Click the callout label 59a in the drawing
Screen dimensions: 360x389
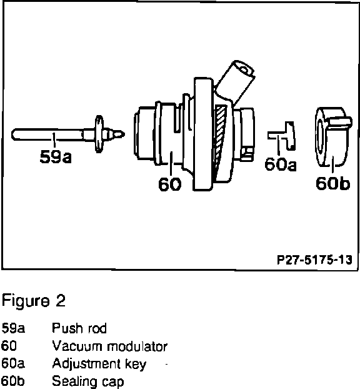56,157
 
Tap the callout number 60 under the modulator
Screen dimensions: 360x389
170,184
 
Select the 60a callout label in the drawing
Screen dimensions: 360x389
281,164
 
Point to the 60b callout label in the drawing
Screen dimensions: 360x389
332,184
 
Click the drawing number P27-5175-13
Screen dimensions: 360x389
314,260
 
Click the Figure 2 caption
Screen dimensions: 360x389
34,301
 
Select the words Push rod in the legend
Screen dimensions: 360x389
79,328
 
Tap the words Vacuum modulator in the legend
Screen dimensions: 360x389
110,346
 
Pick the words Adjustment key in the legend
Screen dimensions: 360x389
99,365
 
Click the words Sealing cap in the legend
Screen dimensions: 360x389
88,381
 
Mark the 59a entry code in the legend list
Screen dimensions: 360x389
13,328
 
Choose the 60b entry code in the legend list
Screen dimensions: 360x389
13,381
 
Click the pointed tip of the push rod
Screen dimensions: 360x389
124,134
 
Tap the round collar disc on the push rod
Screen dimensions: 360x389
99,134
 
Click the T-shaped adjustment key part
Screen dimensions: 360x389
282,136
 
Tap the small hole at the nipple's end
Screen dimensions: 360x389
244,70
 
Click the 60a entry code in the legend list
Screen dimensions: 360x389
13,363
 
